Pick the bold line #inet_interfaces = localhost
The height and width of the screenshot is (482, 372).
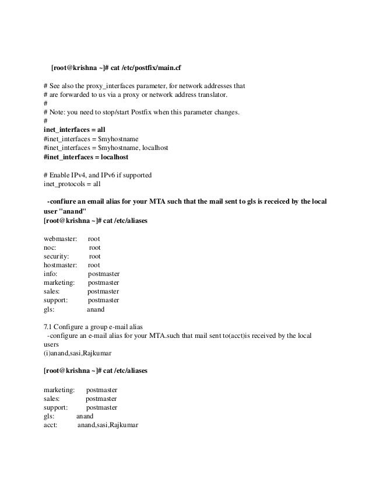(x=86, y=157)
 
